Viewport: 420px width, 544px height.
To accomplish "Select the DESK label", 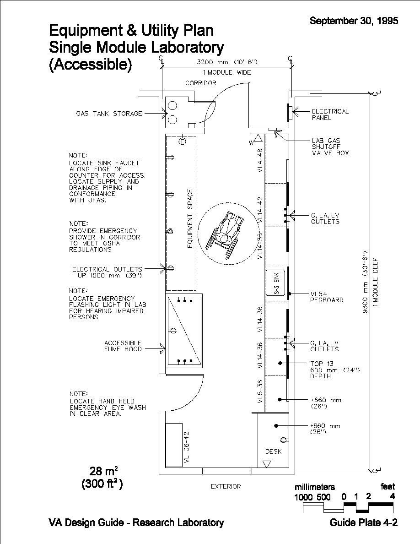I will pyautogui.click(x=274, y=452).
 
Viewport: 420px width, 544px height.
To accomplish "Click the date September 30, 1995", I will pyautogui.click(x=354, y=21).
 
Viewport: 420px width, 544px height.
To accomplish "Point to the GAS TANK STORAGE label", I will pyautogui.click(x=109, y=114).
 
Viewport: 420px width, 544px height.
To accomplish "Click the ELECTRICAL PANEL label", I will pyautogui.click(x=330, y=114).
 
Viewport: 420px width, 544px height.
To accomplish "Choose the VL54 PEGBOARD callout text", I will pyautogui.click(x=327, y=297).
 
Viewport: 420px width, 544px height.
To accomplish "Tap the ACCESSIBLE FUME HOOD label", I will pyautogui.click(x=123, y=346).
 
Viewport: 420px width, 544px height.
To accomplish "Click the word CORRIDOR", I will pyautogui.click(x=200, y=83).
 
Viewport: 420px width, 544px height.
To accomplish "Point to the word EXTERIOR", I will pyautogui.click(x=226, y=486).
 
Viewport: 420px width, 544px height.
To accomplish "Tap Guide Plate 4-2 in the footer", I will pyautogui.click(x=363, y=522).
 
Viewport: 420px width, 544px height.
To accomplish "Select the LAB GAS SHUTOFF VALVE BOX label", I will pyautogui.click(x=330, y=147).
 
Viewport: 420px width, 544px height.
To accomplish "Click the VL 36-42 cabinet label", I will pyautogui.click(x=186, y=448).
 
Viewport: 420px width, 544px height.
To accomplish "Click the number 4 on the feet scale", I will pyautogui.click(x=392, y=496).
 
